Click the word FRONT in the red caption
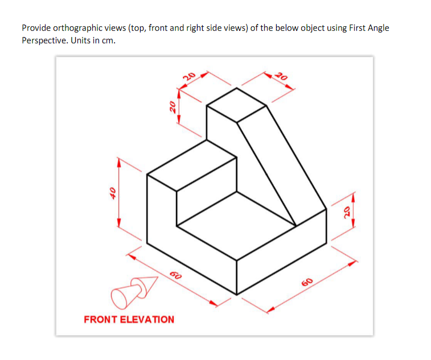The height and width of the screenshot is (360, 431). click(101, 319)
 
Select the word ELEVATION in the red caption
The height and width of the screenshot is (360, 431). click(147, 319)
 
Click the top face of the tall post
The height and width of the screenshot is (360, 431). click(236, 105)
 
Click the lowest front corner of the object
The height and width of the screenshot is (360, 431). click(236, 294)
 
